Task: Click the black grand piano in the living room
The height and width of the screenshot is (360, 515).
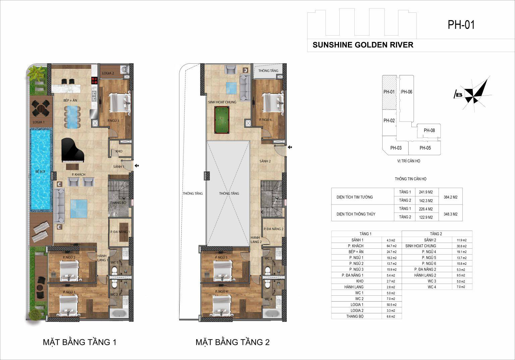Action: [x=73, y=151]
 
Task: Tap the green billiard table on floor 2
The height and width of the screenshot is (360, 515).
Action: [x=222, y=120]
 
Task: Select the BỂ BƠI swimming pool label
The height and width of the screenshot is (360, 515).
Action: [x=40, y=172]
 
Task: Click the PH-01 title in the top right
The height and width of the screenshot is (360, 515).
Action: [x=461, y=25]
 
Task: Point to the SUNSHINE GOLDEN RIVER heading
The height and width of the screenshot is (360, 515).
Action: [x=363, y=45]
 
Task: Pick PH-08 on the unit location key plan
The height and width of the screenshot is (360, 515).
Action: [x=429, y=130]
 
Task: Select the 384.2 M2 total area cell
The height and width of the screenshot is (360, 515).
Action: [x=451, y=197]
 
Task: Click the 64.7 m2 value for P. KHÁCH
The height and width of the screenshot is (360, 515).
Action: [x=392, y=246]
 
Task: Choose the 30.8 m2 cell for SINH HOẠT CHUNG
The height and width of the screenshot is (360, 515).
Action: [x=462, y=246]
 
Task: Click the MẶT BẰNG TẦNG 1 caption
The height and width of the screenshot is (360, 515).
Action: [x=79, y=342]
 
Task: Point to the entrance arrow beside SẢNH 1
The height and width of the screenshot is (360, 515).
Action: [x=136, y=166]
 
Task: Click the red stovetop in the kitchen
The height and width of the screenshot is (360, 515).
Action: [x=94, y=80]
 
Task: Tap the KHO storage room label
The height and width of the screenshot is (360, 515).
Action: [x=119, y=151]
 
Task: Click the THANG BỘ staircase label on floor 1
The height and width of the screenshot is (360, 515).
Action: [x=118, y=202]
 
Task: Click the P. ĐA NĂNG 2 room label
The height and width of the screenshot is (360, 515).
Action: [x=273, y=229]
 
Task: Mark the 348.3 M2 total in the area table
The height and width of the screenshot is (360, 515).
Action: [x=451, y=214]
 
